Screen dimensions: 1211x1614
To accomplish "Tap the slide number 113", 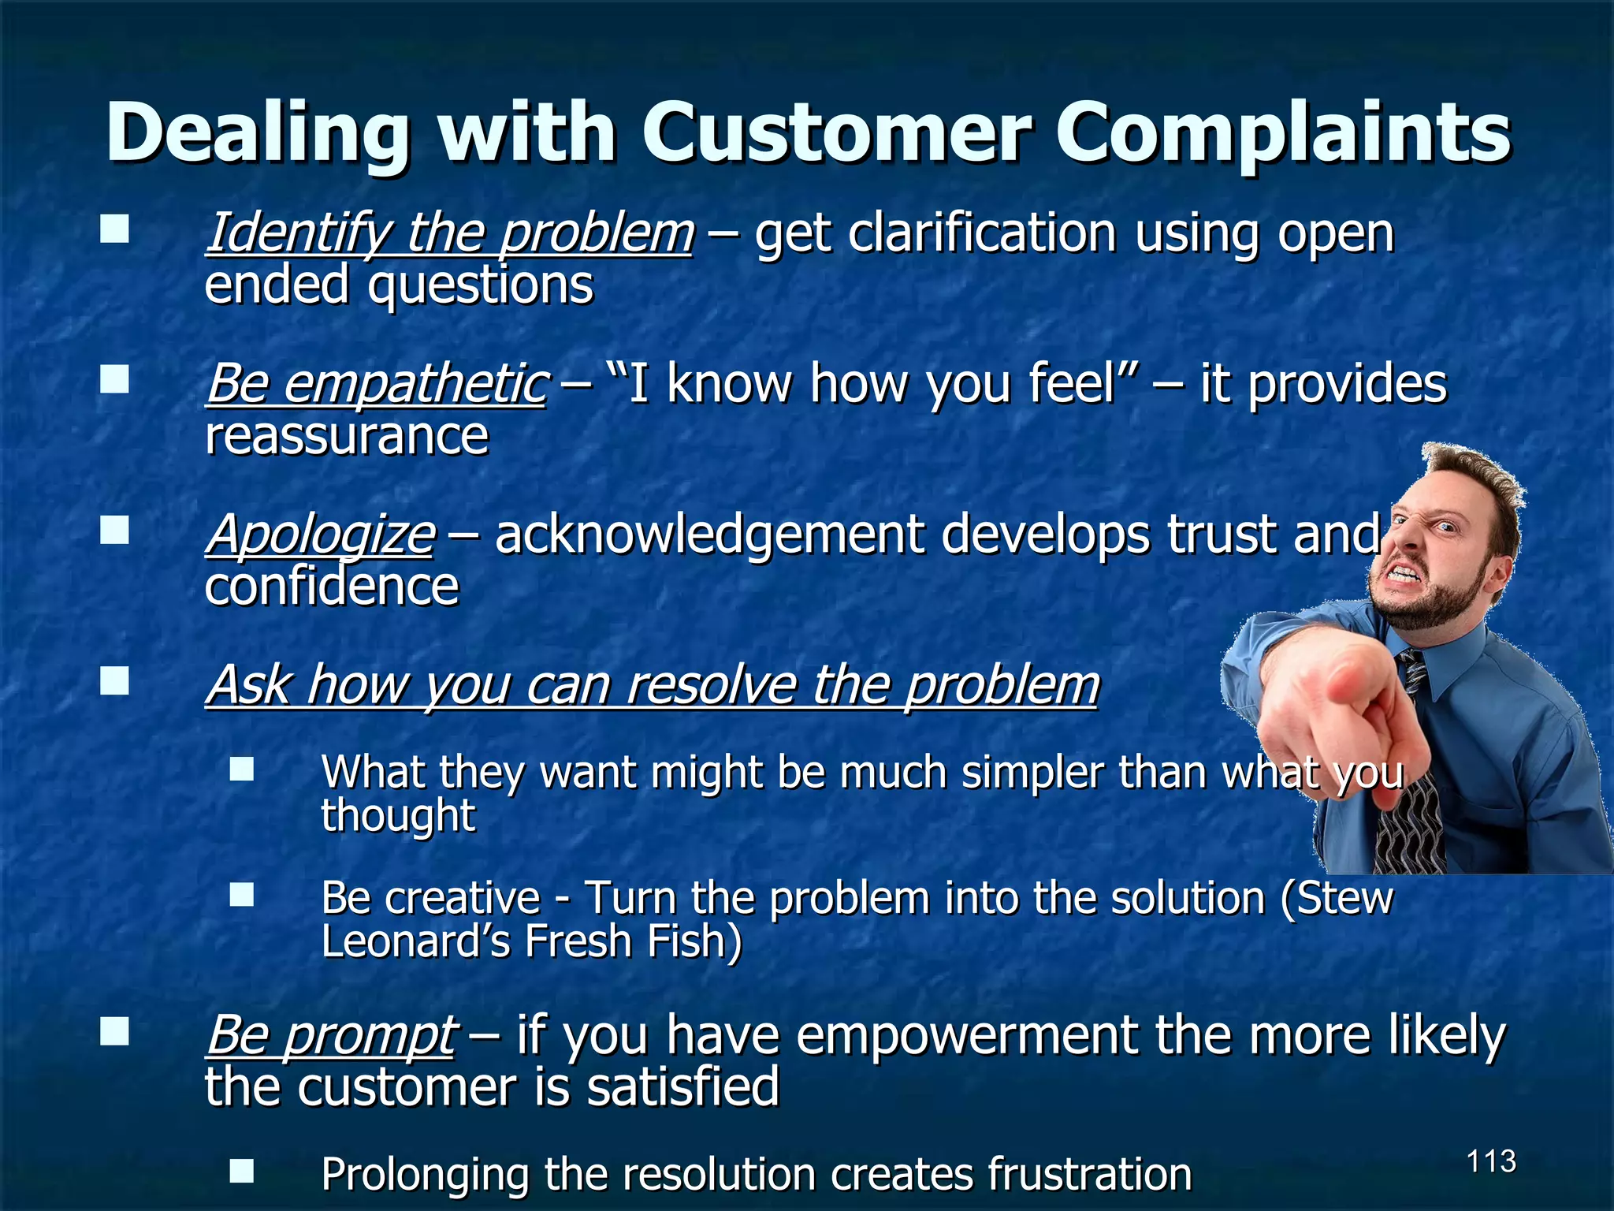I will pyautogui.click(x=1491, y=1161).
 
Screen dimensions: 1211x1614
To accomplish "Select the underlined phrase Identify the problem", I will pyautogui.click(x=449, y=233).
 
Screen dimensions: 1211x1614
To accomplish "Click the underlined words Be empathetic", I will pyautogui.click(x=377, y=384).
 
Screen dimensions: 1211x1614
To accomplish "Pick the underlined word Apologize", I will pyautogui.click(x=320, y=535).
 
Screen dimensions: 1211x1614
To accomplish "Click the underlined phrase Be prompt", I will pyautogui.click(x=331, y=1034).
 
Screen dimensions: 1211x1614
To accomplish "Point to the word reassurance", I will pyautogui.click(x=347, y=435).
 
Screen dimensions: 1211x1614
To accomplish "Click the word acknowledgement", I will pyautogui.click(x=709, y=535).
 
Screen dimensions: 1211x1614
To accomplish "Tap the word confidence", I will pyautogui.click(x=331, y=587).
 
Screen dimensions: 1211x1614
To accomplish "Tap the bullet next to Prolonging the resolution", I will pyautogui.click(x=242, y=1171).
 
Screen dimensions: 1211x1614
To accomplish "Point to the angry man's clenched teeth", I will pyautogui.click(x=1408, y=573).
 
